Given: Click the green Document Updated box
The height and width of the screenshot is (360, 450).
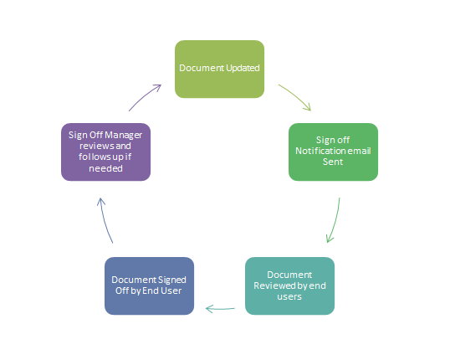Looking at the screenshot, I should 219,68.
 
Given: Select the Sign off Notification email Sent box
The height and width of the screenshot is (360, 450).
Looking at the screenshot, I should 333,152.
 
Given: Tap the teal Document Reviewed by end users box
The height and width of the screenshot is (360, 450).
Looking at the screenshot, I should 289,285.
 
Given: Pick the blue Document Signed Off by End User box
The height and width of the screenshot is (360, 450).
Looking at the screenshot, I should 150,285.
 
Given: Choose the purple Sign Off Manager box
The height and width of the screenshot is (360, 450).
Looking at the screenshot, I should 106,152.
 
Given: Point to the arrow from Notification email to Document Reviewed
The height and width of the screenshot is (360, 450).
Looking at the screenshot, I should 334,222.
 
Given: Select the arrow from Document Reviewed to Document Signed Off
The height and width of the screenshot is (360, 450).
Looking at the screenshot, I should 220,309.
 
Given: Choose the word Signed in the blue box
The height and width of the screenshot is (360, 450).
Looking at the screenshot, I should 171,280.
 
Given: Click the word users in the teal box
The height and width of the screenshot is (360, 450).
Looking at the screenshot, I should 289,296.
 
